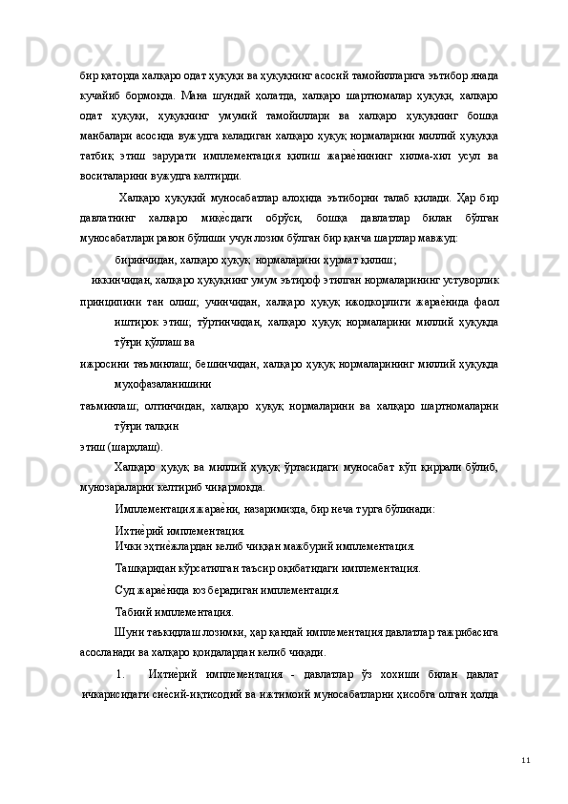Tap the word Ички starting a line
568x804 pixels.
tap(127, 547)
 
